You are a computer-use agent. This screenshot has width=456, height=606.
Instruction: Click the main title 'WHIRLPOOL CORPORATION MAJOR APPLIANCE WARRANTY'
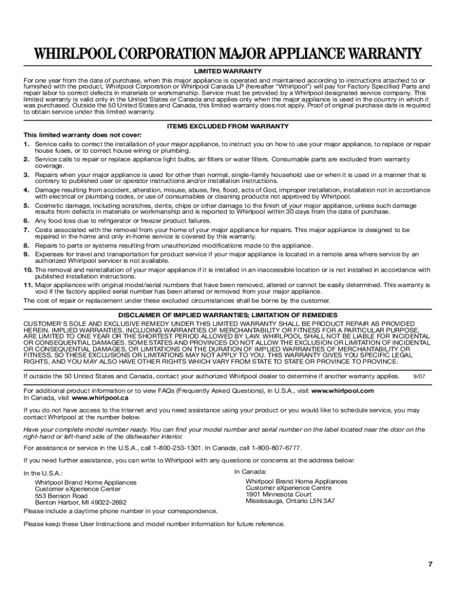tap(227, 54)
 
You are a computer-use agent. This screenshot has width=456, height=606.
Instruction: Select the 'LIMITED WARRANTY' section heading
tap(228, 72)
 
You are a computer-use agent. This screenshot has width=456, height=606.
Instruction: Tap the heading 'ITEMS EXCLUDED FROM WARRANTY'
tap(228, 126)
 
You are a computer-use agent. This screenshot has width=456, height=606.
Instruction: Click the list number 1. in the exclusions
tap(27, 144)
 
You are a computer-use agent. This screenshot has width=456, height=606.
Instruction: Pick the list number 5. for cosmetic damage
tap(27, 205)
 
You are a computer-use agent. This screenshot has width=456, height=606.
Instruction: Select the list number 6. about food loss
tap(27, 221)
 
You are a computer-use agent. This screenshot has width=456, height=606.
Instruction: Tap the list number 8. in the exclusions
tap(27, 246)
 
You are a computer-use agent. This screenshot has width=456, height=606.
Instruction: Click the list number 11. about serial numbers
tap(28, 285)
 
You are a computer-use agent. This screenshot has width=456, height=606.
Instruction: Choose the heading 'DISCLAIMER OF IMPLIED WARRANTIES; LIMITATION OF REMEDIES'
tap(228, 315)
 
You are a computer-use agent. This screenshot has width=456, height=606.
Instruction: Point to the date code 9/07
tap(419, 376)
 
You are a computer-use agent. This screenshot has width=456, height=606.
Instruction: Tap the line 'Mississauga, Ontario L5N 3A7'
tap(290, 501)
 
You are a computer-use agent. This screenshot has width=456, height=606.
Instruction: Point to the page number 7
tap(431, 563)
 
